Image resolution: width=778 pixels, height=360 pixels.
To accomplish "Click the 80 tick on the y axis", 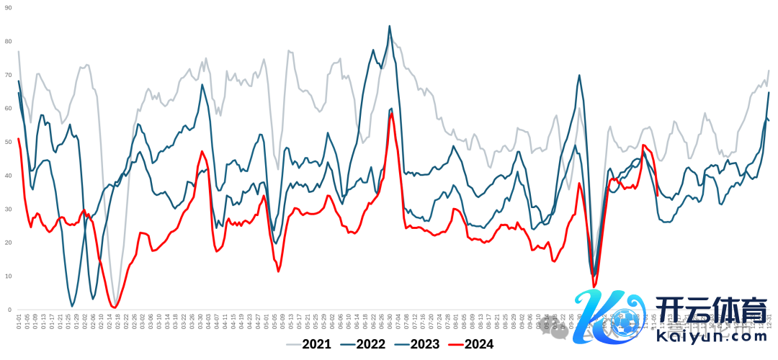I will [8, 41].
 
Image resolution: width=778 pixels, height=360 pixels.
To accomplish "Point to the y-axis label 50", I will [8, 142].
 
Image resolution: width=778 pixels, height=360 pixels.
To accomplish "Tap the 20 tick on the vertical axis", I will [8, 243].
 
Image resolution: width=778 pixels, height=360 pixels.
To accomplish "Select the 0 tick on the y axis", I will [9, 310].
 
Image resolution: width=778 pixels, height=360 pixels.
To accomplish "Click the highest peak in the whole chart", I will [390, 26].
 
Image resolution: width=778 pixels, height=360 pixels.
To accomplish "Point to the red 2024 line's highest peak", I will [390, 113].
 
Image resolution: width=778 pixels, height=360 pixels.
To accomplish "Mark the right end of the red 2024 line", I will [658, 194].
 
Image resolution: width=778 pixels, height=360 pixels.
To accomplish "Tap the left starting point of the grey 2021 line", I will [19, 51].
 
